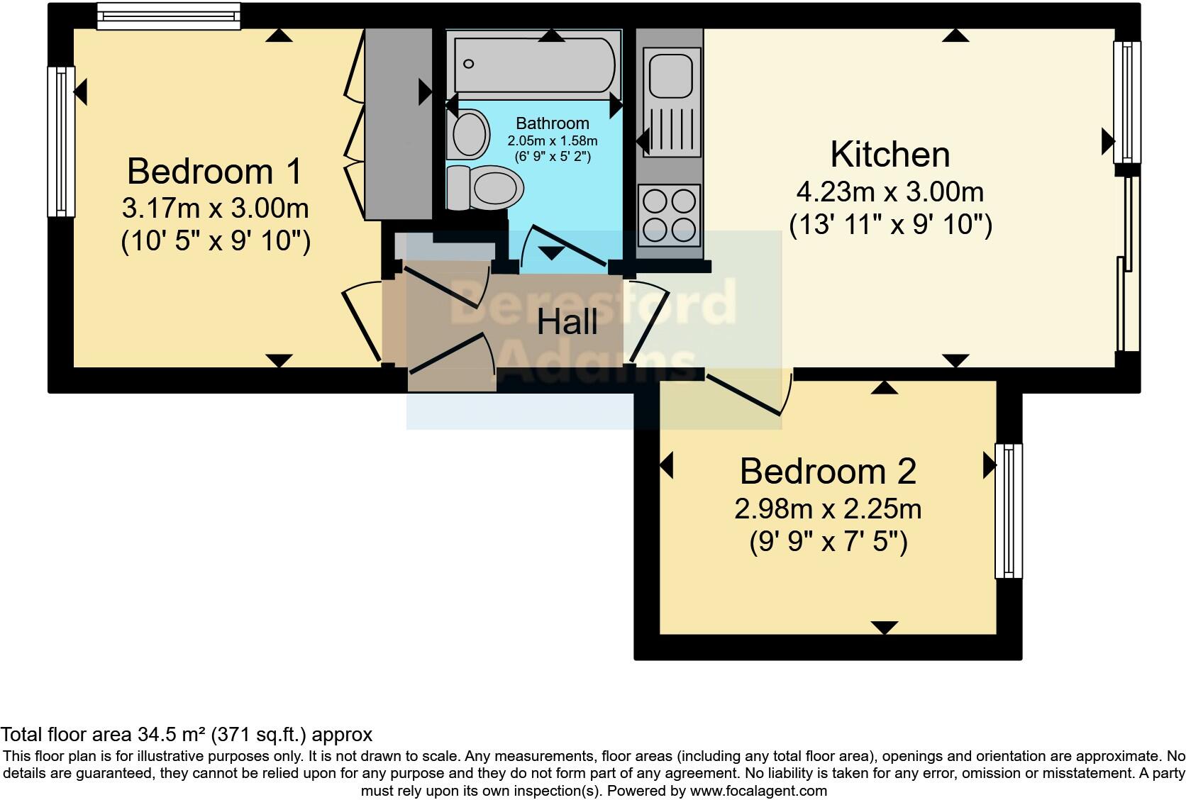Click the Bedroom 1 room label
[214, 172]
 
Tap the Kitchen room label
[889, 155]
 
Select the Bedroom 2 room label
[828, 472]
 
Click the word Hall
[567, 323]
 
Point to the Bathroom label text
[552, 123]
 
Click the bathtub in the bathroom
[535, 65]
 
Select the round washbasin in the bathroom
[468, 134]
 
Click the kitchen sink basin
[670, 73]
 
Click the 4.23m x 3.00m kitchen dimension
[889, 191]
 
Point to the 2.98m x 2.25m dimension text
[828, 509]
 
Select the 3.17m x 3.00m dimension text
[214, 209]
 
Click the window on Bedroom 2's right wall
[1008, 511]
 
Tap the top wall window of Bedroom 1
[169, 16]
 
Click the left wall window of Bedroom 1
[61, 141]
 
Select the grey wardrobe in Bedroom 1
[398, 124]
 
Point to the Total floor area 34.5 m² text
[187, 735]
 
